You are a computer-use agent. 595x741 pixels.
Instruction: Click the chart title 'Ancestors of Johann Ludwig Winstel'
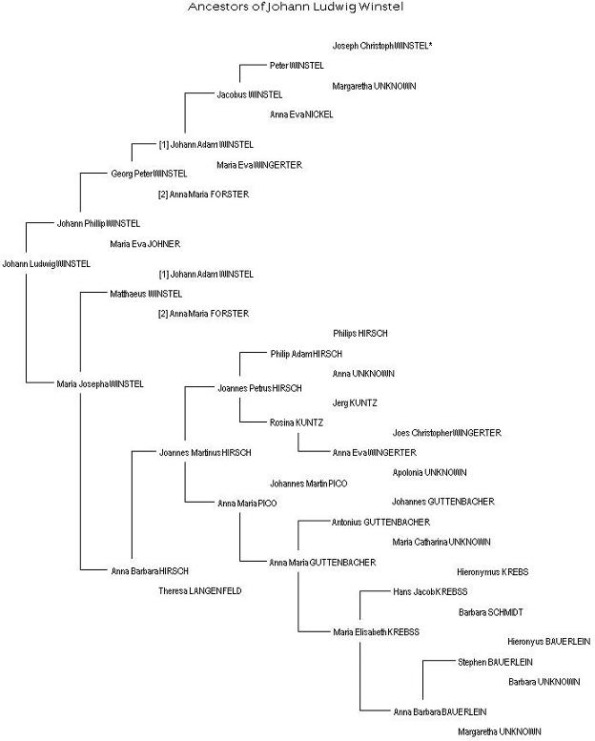coord(296,8)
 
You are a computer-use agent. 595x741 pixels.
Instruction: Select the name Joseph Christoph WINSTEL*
coord(382,46)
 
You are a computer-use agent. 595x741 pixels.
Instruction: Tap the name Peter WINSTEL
coord(297,66)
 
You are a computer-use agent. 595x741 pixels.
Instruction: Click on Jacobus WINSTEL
coord(250,95)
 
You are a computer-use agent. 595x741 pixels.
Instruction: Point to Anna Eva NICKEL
coord(301,115)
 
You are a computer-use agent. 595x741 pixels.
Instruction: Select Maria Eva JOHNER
coord(144,244)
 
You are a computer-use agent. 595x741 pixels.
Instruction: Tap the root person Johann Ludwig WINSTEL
coord(46,264)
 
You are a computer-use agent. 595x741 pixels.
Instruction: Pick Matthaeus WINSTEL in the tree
coord(145,294)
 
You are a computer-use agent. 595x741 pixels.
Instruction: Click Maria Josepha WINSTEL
coord(100,383)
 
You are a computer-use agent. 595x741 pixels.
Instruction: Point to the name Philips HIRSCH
coord(359,334)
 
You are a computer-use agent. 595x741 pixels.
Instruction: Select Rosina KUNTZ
coord(297,422)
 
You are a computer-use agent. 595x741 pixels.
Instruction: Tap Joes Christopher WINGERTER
coord(446,433)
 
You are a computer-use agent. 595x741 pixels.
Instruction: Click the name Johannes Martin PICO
coord(308,484)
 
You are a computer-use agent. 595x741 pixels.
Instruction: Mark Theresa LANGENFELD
coord(199,591)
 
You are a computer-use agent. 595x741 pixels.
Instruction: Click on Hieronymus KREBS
coord(492,572)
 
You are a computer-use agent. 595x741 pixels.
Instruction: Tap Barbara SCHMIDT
coord(490,612)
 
